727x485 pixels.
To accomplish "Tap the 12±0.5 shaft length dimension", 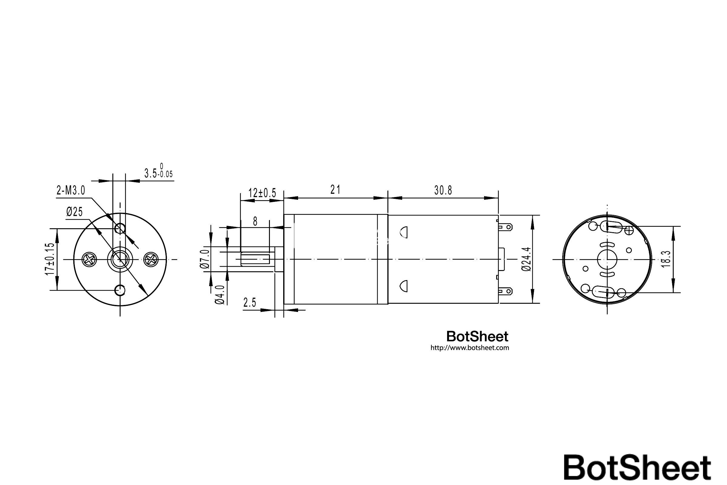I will point(262,193).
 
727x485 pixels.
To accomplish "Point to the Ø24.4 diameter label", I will point(526,259).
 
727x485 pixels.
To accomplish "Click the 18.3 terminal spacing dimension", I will point(666,259).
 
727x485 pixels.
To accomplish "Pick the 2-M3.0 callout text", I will point(71,191).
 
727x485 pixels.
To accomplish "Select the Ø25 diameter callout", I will point(75,212).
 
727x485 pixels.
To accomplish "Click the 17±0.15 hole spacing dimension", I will point(50,259).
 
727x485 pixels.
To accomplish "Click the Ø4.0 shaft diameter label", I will point(220,295).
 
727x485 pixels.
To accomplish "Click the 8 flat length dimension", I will point(255,222).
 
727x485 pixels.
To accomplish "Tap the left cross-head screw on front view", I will point(89,259).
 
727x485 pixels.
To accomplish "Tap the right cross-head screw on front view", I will point(151,259).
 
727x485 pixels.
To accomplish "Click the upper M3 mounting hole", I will point(120,229).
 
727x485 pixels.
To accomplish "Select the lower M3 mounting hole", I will point(120,290).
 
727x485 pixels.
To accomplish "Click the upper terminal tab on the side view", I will point(506,227).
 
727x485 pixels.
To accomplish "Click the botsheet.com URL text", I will point(470,348).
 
